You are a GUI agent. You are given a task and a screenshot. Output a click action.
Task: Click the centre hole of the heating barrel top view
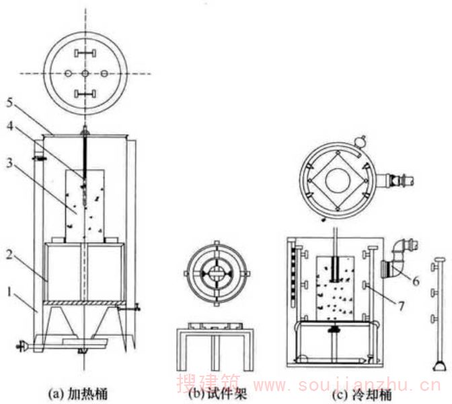(85, 73)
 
